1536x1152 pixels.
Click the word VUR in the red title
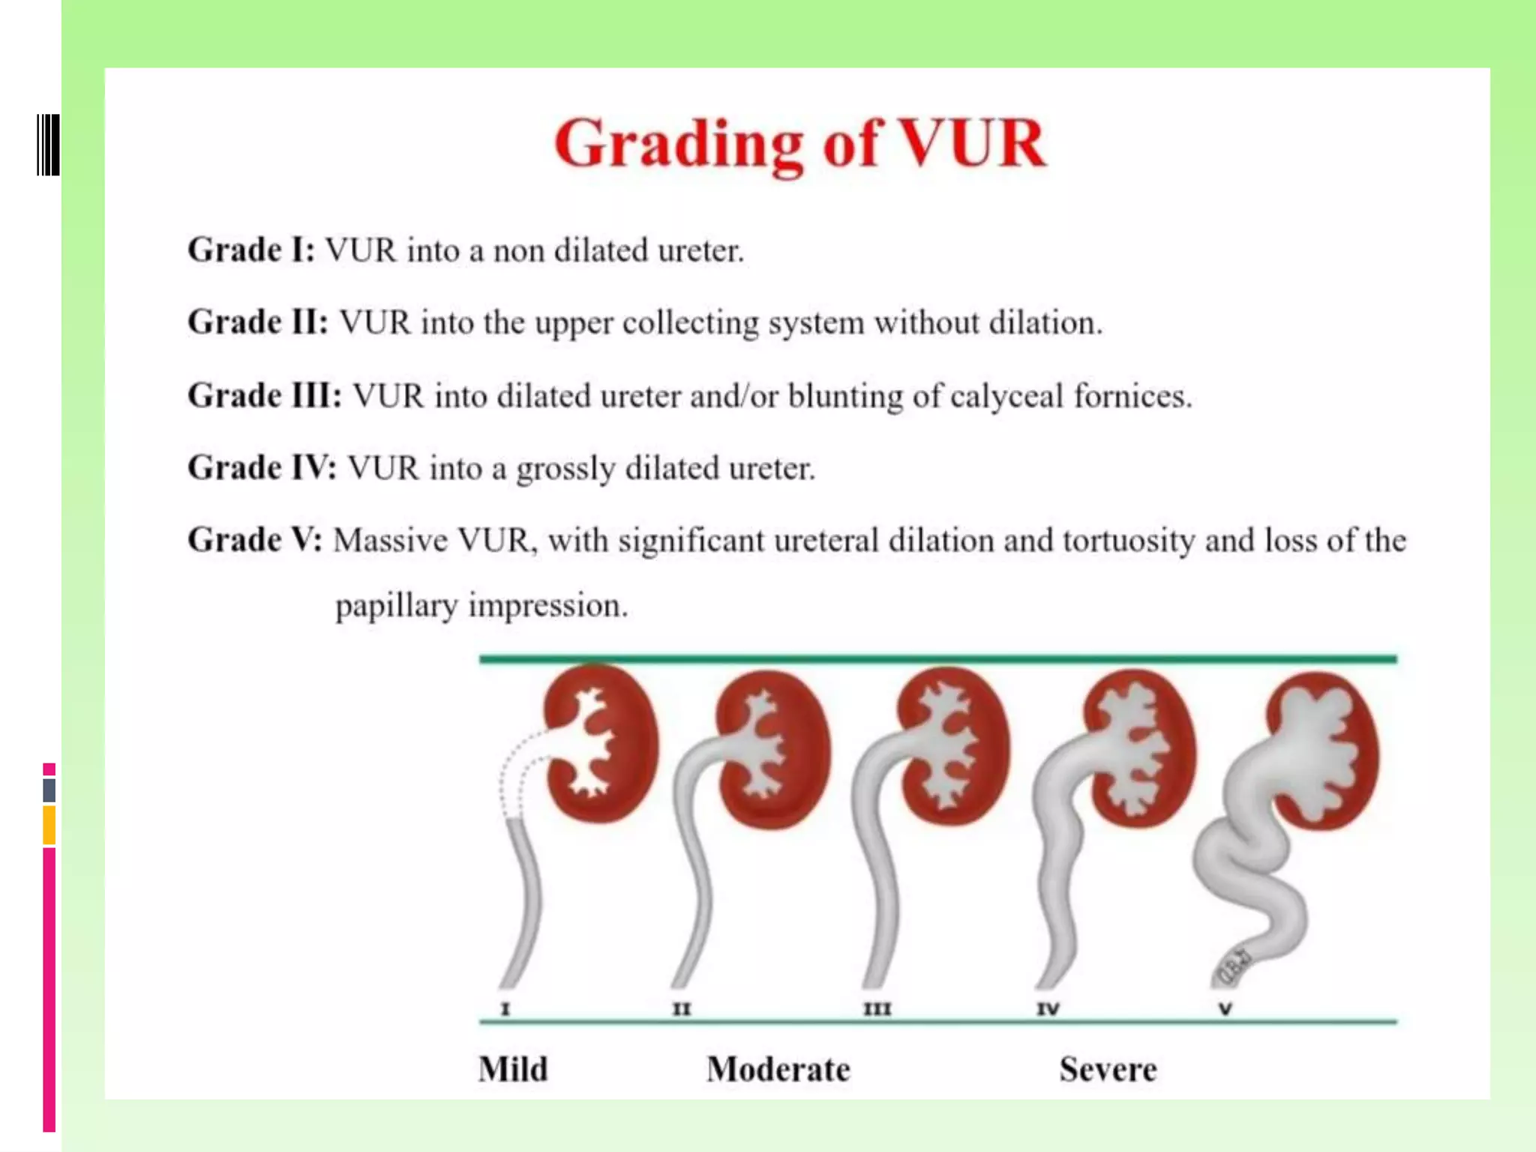click(x=972, y=144)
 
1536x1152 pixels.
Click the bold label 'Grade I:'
click(x=251, y=250)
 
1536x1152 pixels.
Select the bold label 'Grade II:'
click(x=258, y=322)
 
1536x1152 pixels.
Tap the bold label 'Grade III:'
click(x=265, y=395)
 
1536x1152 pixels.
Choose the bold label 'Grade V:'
click(x=255, y=540)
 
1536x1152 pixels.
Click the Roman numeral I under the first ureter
click(x=505, y=1009)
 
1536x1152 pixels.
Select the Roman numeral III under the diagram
click(x=877, y=1009)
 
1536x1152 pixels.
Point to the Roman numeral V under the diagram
click(x=1225, y=1009)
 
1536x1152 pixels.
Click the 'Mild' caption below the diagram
click(x=514, y=1069)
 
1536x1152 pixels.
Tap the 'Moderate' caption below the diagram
click(x=778, y=1069)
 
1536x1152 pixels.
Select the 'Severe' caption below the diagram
click(x=1108, y=1069)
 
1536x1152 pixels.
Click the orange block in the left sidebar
click(x=49, y=825)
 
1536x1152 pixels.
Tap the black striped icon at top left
click(x=49, y=145)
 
